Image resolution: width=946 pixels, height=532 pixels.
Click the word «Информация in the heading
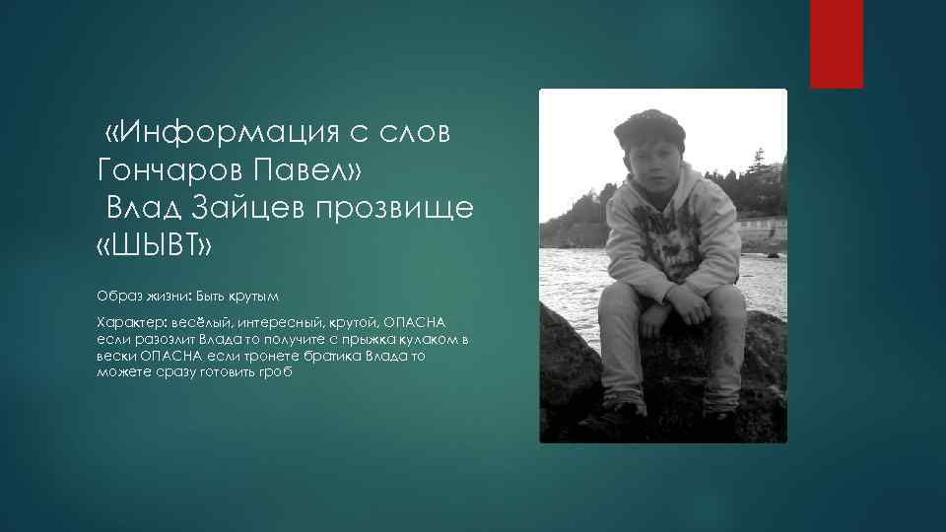(x=226, y=134)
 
